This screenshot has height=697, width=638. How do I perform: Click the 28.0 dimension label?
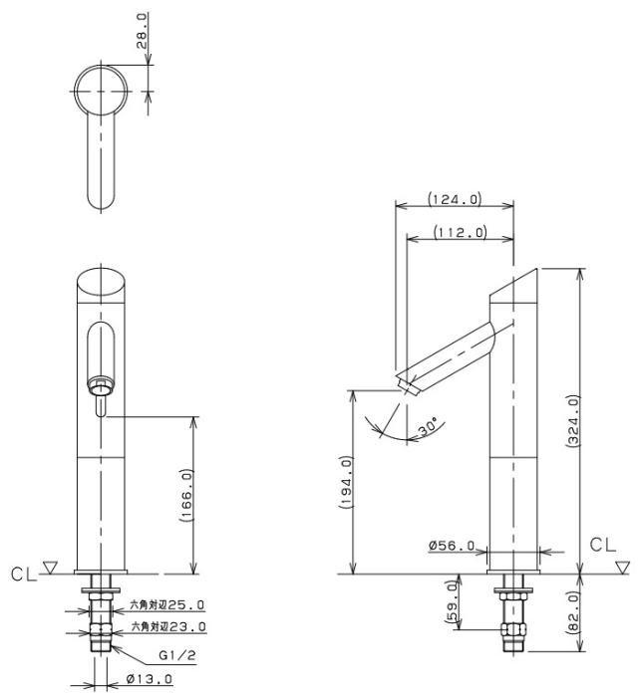coord(142,30)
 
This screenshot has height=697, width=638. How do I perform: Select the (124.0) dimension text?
coord(455,198)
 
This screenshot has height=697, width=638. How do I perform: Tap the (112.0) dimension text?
coord(460,232)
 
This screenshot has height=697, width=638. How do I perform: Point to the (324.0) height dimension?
coord(574,420)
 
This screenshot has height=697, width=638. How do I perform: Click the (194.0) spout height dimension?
coord(346,482)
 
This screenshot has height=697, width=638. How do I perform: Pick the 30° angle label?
coord(429,427)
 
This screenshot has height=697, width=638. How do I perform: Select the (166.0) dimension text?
coord(187,495)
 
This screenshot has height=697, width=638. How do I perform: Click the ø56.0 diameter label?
coord(452,545)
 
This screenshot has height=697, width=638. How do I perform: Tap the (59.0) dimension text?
coord(452,601)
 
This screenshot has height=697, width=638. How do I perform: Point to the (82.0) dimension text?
coord(574,612)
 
